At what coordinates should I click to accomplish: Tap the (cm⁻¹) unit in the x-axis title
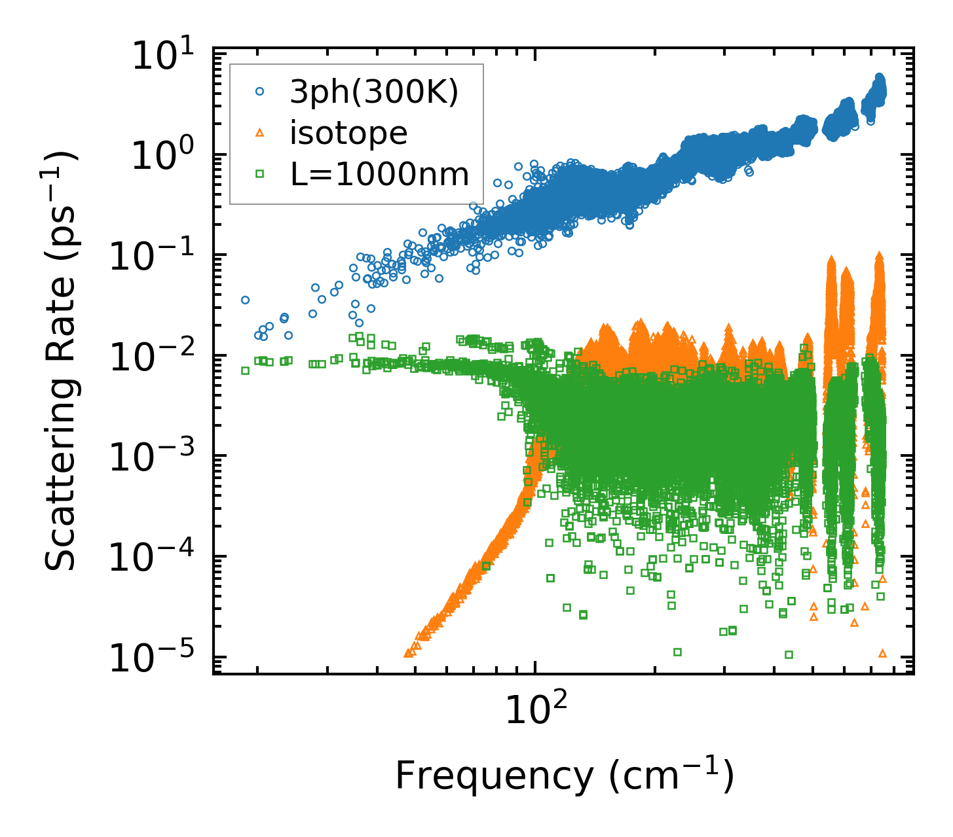pyautogui.click(x=671, y=776)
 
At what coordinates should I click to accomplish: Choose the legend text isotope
pyautogui.click(x=349, y=134)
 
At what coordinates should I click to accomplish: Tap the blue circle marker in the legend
pyautogui.click(x=259, y=93)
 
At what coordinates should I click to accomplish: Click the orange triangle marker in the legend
pyautogui.click(x=259, y=134)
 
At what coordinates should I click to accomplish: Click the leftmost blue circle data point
pyautogui.click(x=246, y=300)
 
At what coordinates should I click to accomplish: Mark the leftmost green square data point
pyautogui.click(x=246, y=370)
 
